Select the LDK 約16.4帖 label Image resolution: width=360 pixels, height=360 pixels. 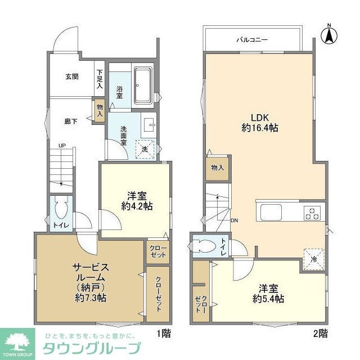(258, 123)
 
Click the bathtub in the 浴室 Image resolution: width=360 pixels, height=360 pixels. (143, 85)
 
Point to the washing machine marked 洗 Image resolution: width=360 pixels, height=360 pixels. (145, 149)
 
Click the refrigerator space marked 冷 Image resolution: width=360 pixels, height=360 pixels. (313, 259)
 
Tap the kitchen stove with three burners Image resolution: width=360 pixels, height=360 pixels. (312, 214)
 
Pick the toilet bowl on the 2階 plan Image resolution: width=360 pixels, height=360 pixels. (204, 246)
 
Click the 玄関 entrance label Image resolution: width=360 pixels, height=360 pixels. (71, 76)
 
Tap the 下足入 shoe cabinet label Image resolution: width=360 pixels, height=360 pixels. (100, 79)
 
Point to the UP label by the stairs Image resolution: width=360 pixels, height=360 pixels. (63, 146)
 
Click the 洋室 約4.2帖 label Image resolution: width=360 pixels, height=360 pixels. (136, 201)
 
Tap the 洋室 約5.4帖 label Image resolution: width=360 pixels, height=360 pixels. (267, 294)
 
